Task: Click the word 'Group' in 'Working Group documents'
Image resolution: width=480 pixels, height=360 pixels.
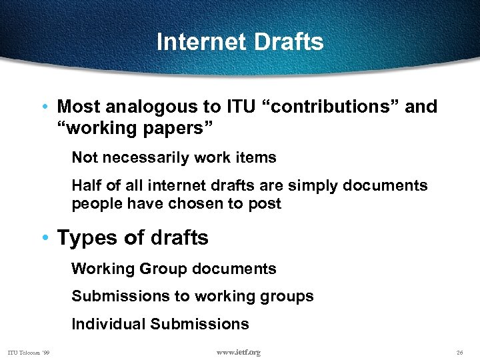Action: [x=164, y=269]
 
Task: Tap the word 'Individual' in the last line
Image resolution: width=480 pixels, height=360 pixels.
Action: [x=108, y=324]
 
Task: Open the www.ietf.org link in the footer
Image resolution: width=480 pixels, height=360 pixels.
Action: [x=238, y=352]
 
